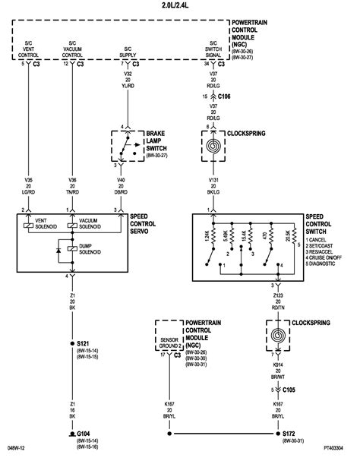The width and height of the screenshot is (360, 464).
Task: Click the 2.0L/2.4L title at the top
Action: [x=179, y=5]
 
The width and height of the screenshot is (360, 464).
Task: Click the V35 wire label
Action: [x=27, y=180]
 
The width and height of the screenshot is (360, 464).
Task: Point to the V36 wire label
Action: [x=71, y=180]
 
